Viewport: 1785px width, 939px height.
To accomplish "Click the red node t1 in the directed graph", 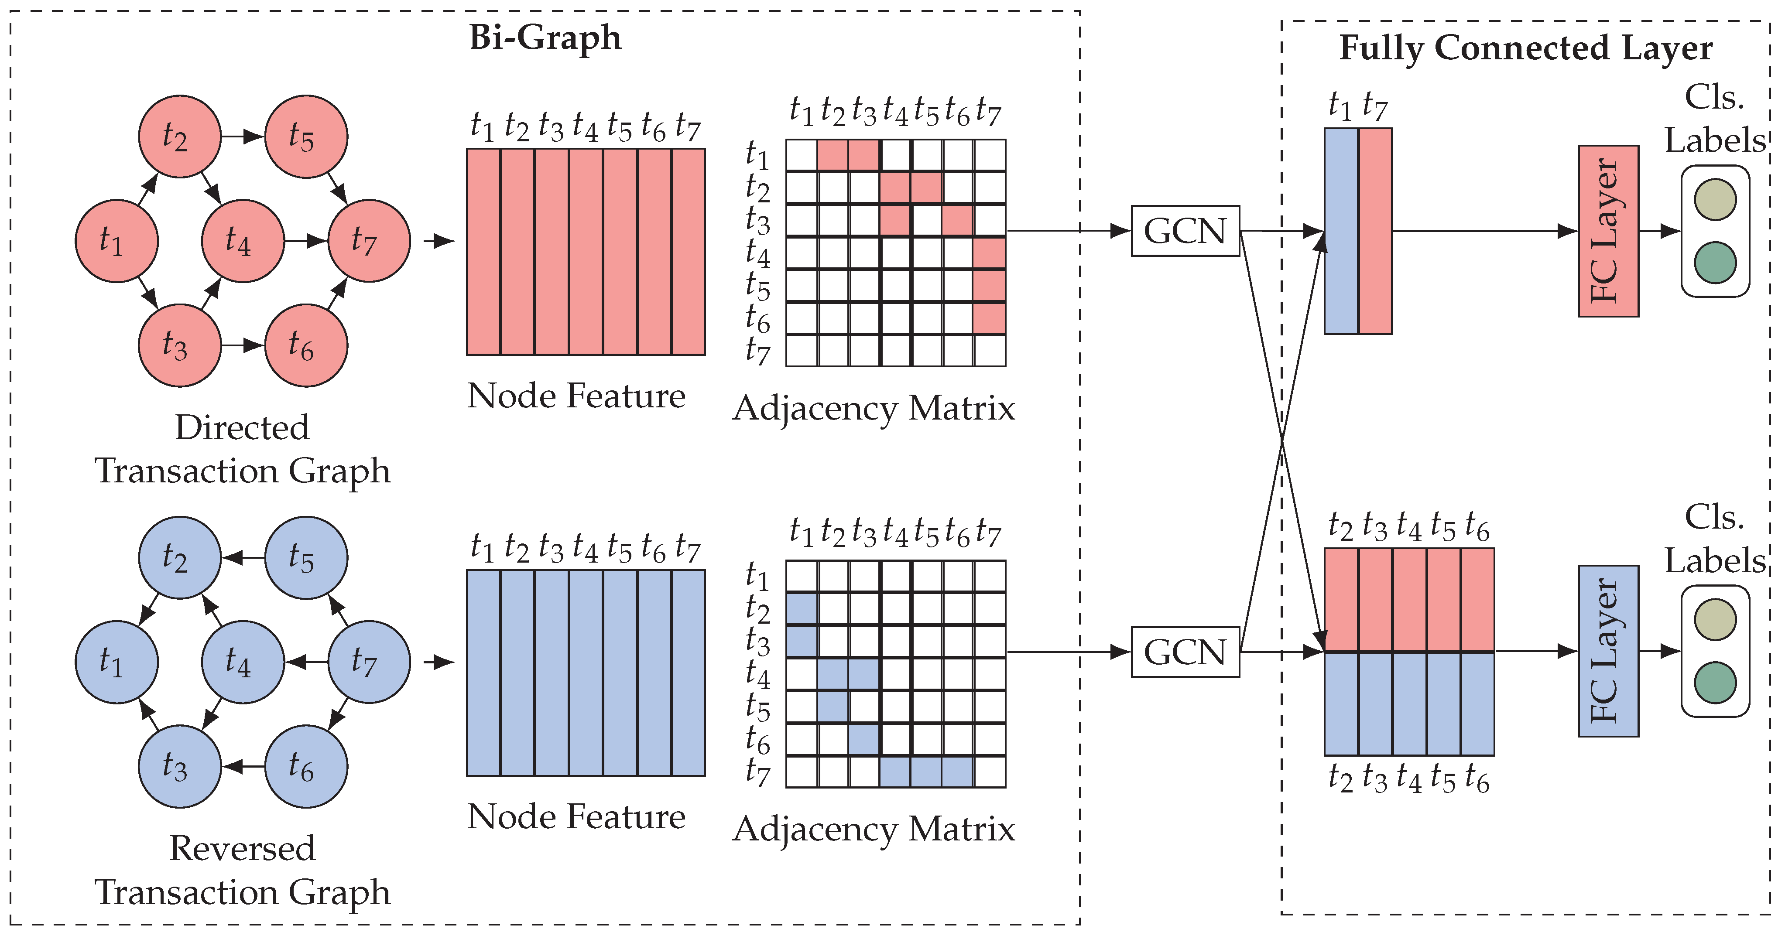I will click(116, 241).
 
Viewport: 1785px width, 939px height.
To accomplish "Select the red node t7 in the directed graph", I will click(369, 241).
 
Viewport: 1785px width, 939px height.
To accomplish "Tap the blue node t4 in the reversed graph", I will click(243, 662).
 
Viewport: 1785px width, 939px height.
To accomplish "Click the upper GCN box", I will click(1185, 231).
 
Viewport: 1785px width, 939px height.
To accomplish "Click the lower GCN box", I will click(1185, 652).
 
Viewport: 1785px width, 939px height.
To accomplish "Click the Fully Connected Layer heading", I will click(1525, 48).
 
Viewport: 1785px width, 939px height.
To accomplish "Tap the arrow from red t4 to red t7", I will click(305, 241).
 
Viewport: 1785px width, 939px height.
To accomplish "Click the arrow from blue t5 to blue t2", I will click(243, 557).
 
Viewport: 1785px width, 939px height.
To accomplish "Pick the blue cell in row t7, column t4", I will click(895, 772).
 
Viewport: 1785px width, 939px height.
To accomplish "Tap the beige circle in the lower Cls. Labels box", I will click(1715, 620).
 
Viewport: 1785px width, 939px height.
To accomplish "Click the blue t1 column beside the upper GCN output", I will click(1341, 231).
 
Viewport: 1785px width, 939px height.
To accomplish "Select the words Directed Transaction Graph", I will click(243, 449).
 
